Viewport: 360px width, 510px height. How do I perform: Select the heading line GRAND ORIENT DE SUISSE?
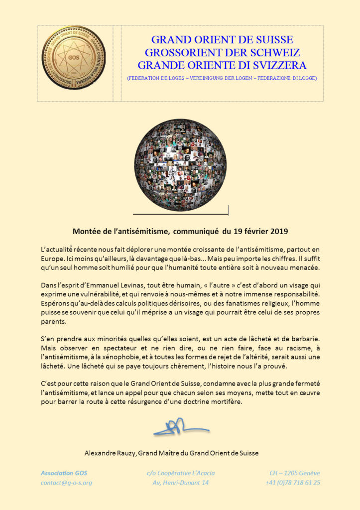(222, 40)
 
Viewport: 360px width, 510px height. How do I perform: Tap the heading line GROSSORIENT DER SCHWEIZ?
(222, 52)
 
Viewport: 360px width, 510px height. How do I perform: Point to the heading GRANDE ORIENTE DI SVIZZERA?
(222, 65)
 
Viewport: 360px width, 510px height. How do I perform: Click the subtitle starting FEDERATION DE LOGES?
(222, 78)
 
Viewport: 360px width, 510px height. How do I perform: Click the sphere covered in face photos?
(180, 165)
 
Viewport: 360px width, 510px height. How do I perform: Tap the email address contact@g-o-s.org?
(66, 483)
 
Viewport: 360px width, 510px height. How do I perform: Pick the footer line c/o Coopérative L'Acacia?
(181, 473)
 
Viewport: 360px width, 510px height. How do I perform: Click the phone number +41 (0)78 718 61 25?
(293, 483)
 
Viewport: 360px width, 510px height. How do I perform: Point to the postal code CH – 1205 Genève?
(295, 473)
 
